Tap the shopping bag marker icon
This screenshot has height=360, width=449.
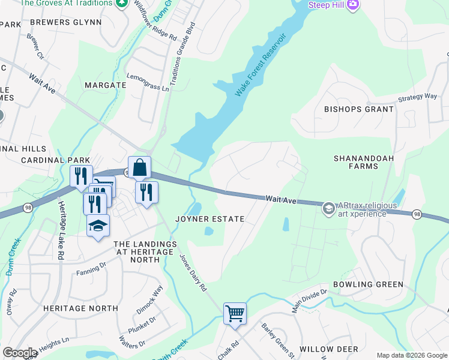click(139, 168)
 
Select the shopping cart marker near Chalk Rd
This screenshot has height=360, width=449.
click(235, 313)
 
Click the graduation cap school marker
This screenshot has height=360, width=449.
click(98, 226)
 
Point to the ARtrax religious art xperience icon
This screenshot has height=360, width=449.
click(328, 209)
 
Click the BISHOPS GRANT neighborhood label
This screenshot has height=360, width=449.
click(359, 109)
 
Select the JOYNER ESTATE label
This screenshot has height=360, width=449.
click(209, 219)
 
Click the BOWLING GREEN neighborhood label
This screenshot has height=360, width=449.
click(369, 284)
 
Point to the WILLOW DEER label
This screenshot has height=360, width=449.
click(328, 349)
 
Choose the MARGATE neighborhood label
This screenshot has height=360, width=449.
click(105, 85)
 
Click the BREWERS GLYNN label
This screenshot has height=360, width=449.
click(65, 22)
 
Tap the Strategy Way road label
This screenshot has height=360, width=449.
click(418, 97)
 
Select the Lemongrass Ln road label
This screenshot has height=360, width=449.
click(148, 82)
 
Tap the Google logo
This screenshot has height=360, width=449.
click(20, 353)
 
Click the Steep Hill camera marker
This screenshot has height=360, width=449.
click(352, 5)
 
